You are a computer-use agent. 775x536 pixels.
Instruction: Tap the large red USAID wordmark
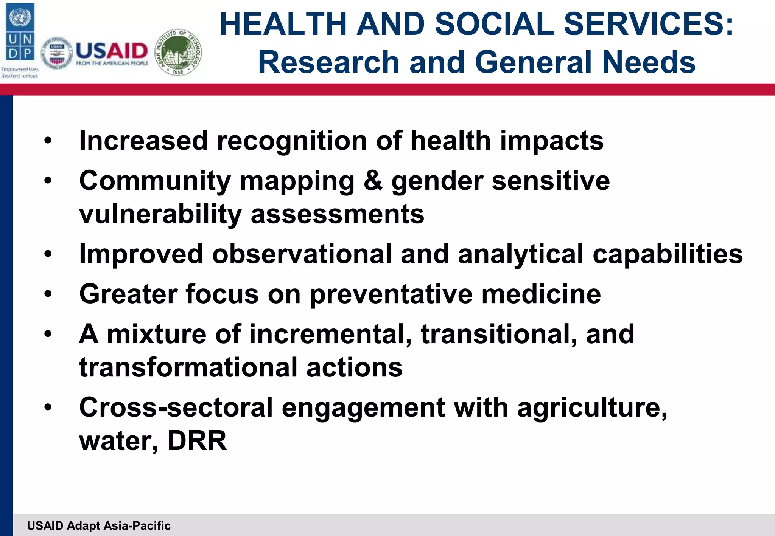[112, 51]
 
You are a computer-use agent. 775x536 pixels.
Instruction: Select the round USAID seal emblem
[57, 53]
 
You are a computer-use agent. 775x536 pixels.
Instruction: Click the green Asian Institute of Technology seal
[179, 52]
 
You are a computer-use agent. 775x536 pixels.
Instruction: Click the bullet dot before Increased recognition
[48, 141]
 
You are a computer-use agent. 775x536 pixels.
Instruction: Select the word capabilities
[668, 254]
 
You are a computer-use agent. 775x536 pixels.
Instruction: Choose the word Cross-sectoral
[176, 407]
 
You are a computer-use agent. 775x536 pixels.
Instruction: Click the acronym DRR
[197, 441]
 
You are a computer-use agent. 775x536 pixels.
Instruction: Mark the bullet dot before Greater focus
[48, 294]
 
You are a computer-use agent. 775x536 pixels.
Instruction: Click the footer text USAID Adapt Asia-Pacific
[99, 525]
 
